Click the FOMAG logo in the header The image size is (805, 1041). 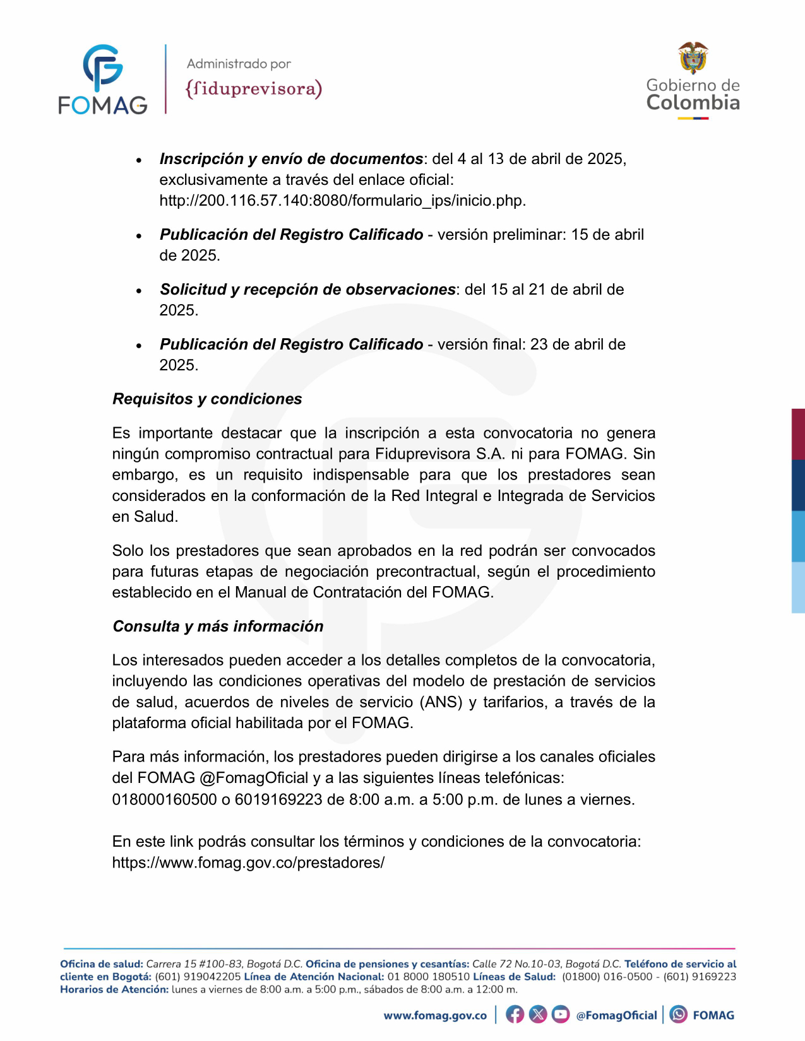tap(103, 79)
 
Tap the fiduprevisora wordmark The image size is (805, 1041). tap(253, 88)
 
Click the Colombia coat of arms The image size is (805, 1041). tap(693, 57)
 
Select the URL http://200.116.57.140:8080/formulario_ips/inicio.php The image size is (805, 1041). tap(342, 201)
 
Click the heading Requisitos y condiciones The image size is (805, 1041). tap(207, 399)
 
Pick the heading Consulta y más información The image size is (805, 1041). tap(218, 626)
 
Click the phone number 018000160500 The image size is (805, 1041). tap(164, 799)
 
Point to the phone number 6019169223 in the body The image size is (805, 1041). tap(278, 799)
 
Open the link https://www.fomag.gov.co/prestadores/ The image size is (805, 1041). tap(248, 862)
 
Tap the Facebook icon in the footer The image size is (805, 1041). tap(515, 1015)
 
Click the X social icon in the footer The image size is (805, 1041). tap(537, 1015)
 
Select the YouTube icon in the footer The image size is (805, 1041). tap(560, 1015)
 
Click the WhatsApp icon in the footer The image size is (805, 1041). tap(679, 1015)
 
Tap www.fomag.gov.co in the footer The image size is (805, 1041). tap(435, 1015)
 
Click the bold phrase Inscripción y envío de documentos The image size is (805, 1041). tap(291, 158)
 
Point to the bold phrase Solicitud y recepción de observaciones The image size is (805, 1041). tap(307, 289)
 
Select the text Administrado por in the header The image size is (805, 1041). tap(239, 64)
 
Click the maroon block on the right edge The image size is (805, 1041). tap(798, 434)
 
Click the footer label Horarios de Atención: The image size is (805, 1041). tap(114, 989)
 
